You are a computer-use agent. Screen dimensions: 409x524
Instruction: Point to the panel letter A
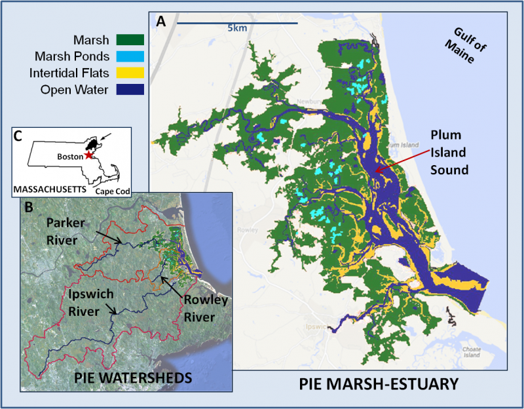click(x=160, y=22)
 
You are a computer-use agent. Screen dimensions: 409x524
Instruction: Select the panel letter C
click(x=19, y=136)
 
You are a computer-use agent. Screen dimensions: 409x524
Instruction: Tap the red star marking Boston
click(x=88, y=157)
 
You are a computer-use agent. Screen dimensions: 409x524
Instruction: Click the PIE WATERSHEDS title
click(x=125, y=378)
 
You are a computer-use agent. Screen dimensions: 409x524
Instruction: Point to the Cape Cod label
click(x=111, y=191)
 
